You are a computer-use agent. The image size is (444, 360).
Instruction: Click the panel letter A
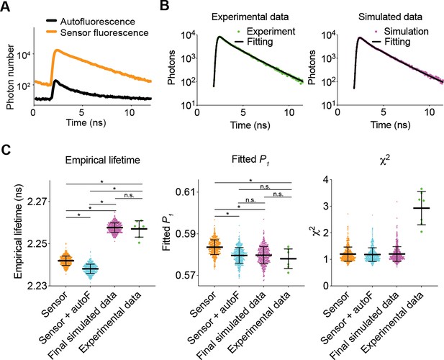5,6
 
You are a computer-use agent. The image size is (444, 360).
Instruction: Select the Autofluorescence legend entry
91,22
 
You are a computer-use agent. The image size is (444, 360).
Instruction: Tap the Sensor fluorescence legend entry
97,32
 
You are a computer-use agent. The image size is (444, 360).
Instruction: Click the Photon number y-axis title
11,77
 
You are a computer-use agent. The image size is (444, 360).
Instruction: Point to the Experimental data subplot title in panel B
250,17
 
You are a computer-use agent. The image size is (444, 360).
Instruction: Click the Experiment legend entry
266,31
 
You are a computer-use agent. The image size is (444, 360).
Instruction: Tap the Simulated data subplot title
390,17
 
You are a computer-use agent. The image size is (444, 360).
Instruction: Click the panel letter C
6,150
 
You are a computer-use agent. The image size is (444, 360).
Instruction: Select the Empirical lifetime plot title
102,160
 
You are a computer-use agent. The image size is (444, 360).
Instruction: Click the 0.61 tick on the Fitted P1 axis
185,192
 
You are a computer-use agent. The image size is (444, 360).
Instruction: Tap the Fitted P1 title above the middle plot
248,160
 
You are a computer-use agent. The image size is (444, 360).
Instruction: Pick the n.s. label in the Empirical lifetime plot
129,195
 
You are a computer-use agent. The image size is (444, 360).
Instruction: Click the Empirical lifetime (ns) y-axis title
18,232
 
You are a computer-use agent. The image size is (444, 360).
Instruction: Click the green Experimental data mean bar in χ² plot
422,208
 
